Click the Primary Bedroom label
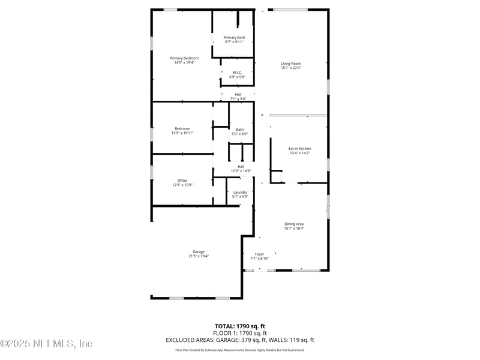coord(184,58)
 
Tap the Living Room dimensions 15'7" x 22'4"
coord(291,68)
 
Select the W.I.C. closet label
coord(237,73)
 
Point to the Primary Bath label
coord(235,37)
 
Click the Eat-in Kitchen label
coord(299,148)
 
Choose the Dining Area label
coord(294,224)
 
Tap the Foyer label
coord(259,254)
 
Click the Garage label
coord(199,251)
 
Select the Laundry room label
coord(240,192)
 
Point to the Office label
coord(182,181)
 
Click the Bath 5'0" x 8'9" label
coord(239,130)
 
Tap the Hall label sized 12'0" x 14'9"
coord(241,166)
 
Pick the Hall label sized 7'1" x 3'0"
coord(238,94)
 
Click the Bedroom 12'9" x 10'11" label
coord(182,128)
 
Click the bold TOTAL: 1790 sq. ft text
coord(239,325)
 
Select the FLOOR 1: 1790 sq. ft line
coord(239,332)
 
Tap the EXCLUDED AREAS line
coord(239,340)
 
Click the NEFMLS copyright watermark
coord(46,343)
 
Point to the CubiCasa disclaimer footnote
coord(239,350)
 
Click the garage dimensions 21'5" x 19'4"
coord(199,256)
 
